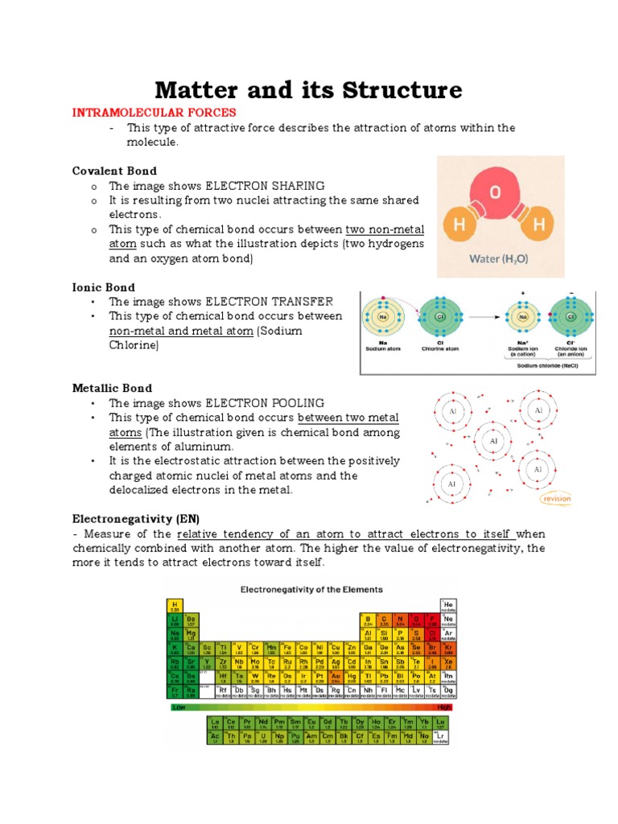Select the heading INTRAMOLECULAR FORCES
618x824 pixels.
(x=154, y=112)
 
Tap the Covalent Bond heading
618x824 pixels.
(x=114, y=171)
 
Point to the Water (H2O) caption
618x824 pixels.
(x=501, y=260)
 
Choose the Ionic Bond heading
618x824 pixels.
(x=104, y=287)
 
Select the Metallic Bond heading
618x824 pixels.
(x=112, y=388)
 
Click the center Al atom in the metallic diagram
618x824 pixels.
(x=492, y=442)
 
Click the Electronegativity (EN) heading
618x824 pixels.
(x=135, y=517)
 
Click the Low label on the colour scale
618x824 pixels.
(x=179, y=707)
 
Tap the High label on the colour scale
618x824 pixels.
(x=443, y=707)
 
